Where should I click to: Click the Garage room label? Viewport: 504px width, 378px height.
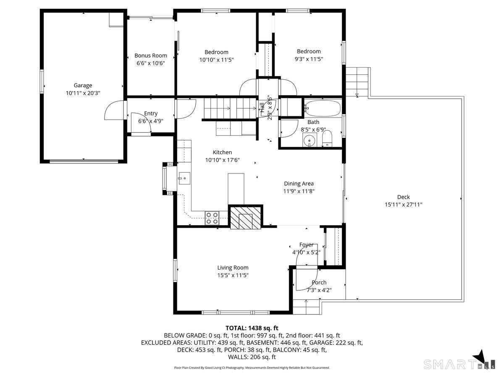[x=83, y=85]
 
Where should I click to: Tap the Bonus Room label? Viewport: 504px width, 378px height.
[x=150, y=55]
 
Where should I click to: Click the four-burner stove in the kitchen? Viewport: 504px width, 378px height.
[x=212, y=218]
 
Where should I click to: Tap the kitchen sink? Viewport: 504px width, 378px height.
[x=184, y=178]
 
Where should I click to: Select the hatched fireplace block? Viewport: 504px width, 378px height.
[x=246, y=217]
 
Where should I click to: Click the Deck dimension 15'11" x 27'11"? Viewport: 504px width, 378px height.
[x=403, y=205]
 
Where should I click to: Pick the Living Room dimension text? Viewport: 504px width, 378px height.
[x=233, y=275]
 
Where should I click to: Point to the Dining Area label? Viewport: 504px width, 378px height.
[x=299, y=183]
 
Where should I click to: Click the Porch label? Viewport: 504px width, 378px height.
[x=319, y=282]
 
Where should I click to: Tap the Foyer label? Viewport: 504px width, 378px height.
[x=306, y=244]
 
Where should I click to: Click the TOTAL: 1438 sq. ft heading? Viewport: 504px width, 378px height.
[x=252, y=328]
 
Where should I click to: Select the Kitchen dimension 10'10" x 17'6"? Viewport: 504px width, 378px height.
[x=222, y=160]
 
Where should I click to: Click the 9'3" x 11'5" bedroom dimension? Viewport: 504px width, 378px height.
[x=307, y=59]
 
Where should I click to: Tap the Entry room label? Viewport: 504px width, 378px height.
[x=150, y=113]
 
